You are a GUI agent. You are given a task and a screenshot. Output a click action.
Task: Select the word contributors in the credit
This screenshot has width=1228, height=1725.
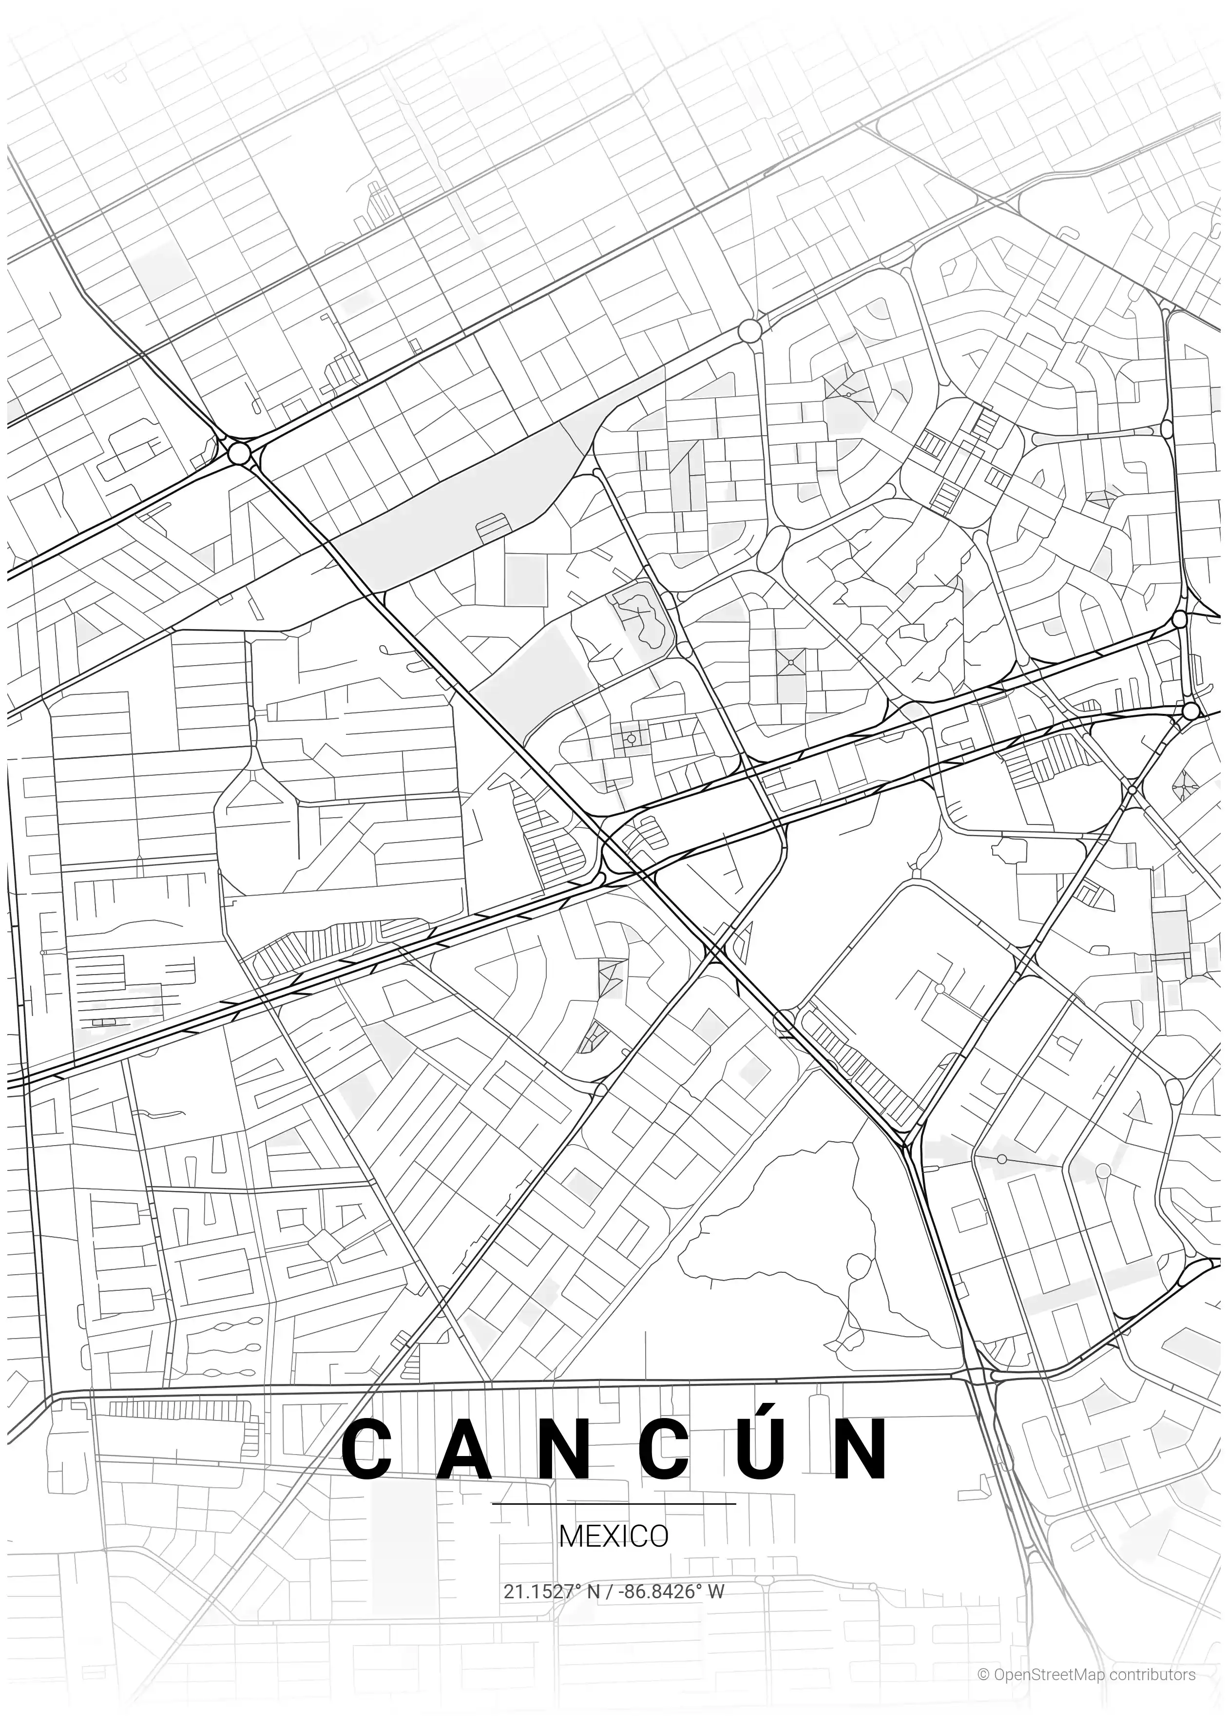[x=1152, y=1669]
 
